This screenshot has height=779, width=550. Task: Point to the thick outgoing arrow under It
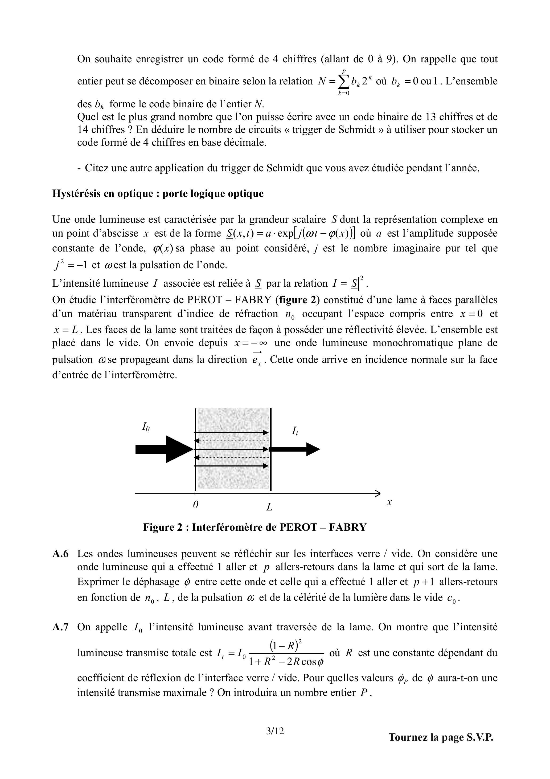[x=295, y=449]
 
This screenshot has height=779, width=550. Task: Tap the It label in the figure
[x=295, y=431]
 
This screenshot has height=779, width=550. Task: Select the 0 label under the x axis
[x=195, y=505]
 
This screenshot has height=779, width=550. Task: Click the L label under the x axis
[x=270, y=507]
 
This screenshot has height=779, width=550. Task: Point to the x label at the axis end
[x=389, y=502]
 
